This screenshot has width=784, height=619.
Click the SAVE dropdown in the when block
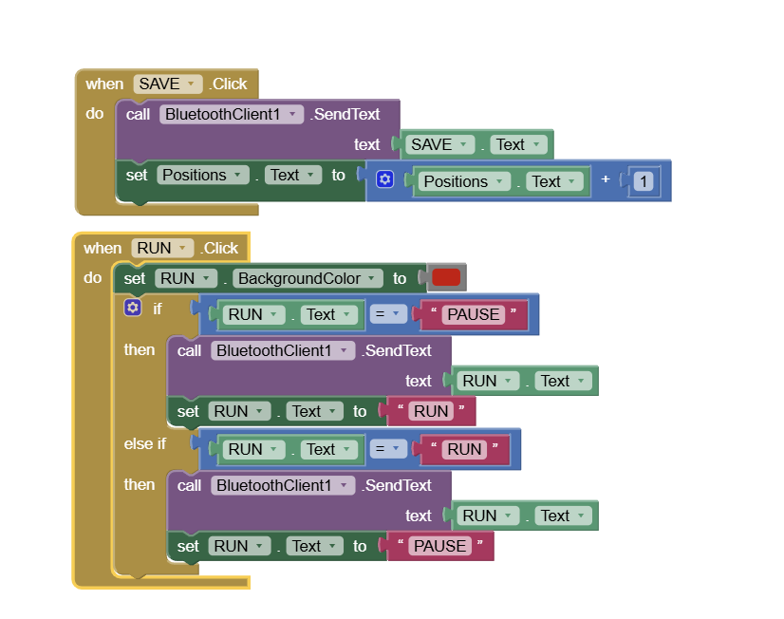pos(168,84)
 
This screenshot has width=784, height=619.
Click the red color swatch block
pos(446,278)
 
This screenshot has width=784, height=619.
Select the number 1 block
pos(644,181)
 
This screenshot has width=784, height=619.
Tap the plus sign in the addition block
pos(606,180)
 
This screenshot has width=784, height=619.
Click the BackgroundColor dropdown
pos(309,278)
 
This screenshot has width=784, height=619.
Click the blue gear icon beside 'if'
pos(133,308)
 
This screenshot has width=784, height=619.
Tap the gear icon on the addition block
pos(384,179)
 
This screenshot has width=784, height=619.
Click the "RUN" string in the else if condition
pos(464,449)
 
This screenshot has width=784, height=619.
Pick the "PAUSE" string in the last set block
pos(440,546)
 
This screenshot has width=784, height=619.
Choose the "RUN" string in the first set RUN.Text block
pos(431,411)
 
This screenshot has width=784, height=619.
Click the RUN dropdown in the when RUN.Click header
pos(162,248)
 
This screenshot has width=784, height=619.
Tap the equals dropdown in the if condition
pos(388,314)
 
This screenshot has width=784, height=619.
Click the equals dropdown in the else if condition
pos(388,449)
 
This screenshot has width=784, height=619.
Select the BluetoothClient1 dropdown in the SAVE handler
pos(232,114)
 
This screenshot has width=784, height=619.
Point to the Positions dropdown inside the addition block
pos(464,181)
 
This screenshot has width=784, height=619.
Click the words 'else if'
pos(145,443)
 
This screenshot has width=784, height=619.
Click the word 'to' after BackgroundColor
pos(400,278)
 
